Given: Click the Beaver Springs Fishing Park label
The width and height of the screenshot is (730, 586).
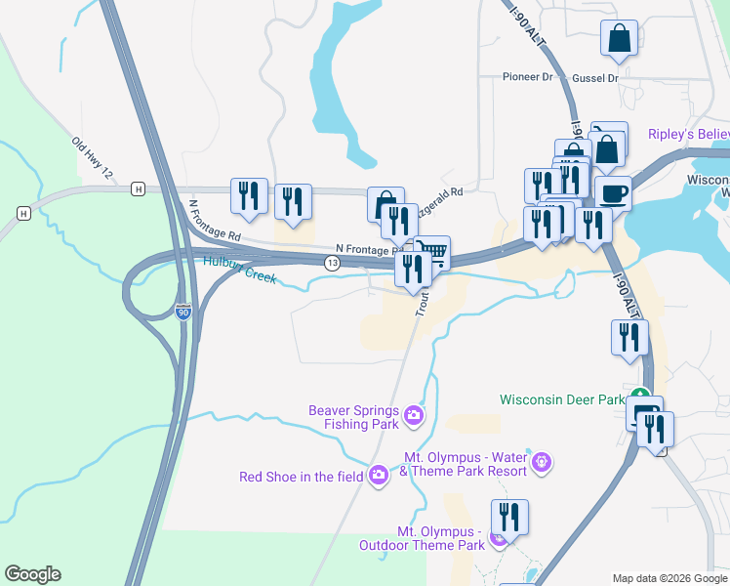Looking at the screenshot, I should (353, 417).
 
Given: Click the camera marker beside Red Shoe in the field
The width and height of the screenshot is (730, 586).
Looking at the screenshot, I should (378, 476).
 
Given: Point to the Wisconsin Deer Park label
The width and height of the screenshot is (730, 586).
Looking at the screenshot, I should (561, 399).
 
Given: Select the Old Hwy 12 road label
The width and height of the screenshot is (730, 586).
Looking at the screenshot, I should (93, 157).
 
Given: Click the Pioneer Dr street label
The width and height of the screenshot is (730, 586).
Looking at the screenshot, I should (527, 77).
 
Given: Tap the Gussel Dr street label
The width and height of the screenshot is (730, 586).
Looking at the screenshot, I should (597, 77).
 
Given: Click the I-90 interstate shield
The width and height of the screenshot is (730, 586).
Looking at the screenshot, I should (182, 313).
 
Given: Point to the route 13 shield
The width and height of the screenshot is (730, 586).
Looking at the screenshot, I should (334, 264).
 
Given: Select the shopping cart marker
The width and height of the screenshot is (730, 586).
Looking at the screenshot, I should (432, 253).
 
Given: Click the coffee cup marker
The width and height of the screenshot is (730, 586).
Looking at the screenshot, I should (614, 192).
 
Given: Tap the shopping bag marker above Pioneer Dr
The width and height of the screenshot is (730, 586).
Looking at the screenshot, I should (620, 38).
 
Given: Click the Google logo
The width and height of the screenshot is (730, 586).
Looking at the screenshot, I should (32, 574).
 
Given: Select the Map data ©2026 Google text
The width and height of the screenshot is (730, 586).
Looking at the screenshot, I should (669, 578).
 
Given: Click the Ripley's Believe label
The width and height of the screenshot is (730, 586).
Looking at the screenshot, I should (688, 133).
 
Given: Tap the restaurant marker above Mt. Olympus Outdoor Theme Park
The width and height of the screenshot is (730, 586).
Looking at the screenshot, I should (509, 516).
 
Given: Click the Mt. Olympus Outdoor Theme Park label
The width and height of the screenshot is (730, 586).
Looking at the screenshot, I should (441, 538).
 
